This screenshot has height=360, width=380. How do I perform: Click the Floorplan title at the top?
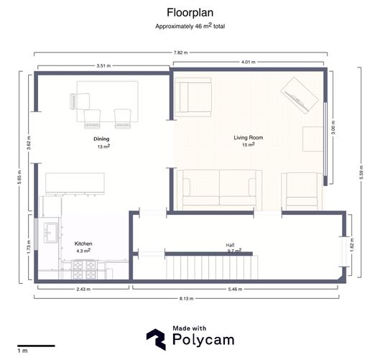(x=190, y=12)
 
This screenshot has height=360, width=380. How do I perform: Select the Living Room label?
(x=249, y=137)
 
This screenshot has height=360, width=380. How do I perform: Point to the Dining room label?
(x=101, y=139)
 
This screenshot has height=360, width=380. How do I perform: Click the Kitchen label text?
(x=83, y=244)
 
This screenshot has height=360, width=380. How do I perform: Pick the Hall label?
(x=231, y=245)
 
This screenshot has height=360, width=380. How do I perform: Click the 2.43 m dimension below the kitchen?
(x=83, y=289)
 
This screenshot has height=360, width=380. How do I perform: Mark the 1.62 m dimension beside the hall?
(x=351, y=245)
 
